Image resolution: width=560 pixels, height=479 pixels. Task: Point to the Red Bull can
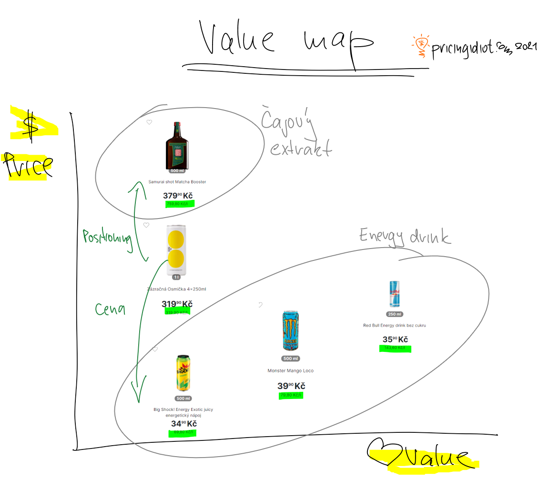(x=394, y=294)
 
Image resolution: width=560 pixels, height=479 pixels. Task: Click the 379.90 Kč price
(x=178, y=196)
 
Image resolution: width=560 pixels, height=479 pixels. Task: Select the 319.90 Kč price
(x=177, y=304)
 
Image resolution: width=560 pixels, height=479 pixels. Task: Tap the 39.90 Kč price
(x=291, y=386)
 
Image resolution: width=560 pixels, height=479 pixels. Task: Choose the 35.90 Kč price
(x=395, y=340)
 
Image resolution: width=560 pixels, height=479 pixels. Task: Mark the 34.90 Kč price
(x=183, y=424)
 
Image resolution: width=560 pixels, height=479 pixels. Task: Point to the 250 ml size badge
(x=395, y=314)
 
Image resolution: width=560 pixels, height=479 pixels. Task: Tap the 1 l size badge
(x=176, y=277)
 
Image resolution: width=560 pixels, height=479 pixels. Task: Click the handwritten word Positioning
(x=107, y=237)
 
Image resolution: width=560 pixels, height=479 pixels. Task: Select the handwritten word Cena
(x=110, y=309)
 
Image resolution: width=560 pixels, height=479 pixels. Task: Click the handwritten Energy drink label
(x=405, y=236)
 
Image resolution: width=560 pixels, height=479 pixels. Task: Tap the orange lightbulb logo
(x=421, y=46)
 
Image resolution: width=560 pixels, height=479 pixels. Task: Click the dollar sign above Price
(x=31, y=126)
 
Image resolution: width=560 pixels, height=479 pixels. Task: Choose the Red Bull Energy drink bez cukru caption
(x=394, y=326)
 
